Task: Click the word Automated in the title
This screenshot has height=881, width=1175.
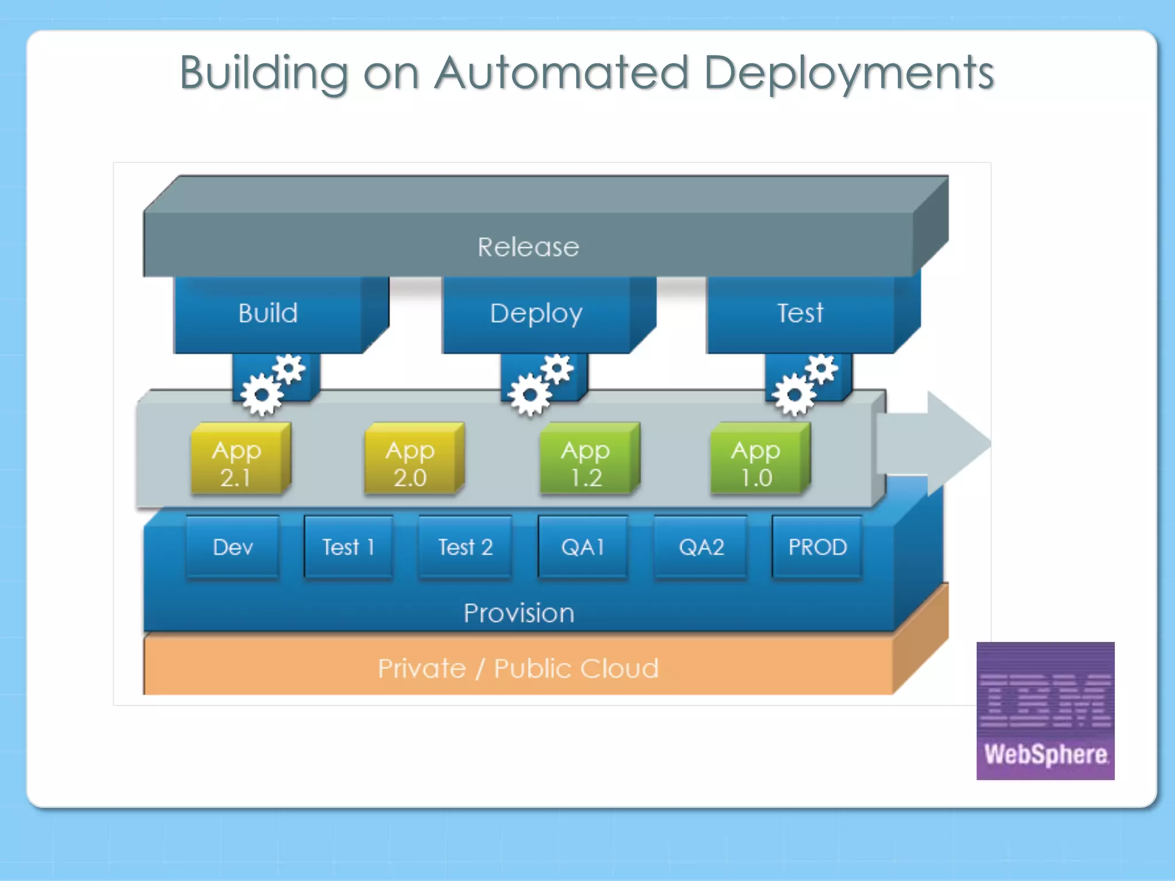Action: pos(561,73)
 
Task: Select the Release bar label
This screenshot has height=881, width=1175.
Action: pos(528,247)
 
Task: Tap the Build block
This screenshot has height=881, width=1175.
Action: pos(268,314)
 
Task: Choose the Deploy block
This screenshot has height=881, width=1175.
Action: pos(536,314)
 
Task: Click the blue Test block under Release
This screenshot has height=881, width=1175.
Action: pos(800,314)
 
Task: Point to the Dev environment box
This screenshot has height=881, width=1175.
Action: pos(232,547)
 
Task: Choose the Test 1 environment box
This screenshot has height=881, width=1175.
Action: pos(348,547)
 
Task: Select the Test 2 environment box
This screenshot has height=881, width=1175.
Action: pos(465,547)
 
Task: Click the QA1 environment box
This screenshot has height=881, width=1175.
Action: pos(583,547)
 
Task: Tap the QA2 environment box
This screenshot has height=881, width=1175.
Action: pos(701,547)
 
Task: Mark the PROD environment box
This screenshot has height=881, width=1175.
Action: pos(817,547)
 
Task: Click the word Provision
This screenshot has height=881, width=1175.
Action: pos(519,613)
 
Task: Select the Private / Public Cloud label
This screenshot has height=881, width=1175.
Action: pos(518,669)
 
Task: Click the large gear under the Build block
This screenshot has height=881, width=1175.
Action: pos(262,395)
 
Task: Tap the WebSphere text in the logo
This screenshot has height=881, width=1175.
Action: pos(1045,754)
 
